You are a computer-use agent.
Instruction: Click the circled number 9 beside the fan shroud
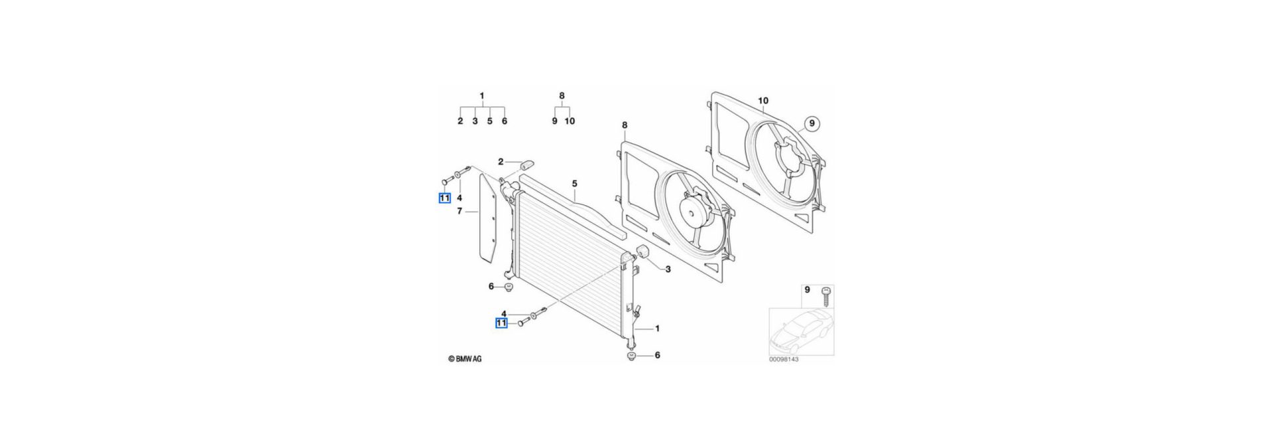point(814,123)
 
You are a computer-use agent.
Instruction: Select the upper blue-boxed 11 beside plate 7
point(444,198)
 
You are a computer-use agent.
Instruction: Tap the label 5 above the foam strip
point(575,184)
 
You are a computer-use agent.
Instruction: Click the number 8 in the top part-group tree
point(562,96)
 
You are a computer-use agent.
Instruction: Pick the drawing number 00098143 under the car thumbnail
point(784,360)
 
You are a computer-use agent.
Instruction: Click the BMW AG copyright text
point(465,359)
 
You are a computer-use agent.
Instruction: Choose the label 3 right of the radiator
point(668,269)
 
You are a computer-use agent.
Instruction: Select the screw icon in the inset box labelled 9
point(826,296)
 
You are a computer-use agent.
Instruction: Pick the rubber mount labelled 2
point(528,163)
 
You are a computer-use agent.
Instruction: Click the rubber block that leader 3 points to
point(641,253)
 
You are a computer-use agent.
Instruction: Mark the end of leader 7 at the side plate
point(478,212)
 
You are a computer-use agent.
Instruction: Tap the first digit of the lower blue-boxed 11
point(499,323)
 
